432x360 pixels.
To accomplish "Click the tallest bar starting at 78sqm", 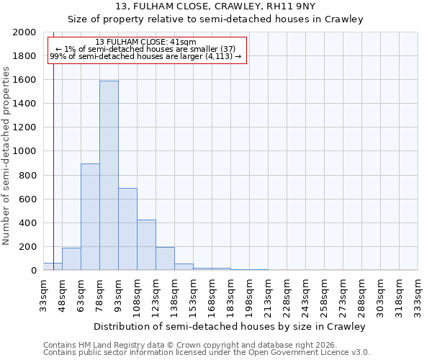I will pyautogui.click(x=109, y=176).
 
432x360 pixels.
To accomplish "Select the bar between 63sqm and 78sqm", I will pyautogui.click(x=90, y=217).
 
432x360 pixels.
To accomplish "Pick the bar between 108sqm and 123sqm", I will pyautogui.click(x=146, y=245).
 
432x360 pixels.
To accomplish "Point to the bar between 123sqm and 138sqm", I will pyautogui.click(x=165, y=258).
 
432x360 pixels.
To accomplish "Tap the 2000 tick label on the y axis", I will pyautogui.click(x=24, y=32).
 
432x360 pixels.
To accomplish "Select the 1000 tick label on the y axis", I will pyautogui.click(x=24, y=152).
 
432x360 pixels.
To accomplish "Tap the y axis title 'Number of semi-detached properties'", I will pyautogui.click(x=6, y=156).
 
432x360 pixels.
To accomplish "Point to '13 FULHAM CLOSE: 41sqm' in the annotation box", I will pyautogui.click(x=145, y=42).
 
